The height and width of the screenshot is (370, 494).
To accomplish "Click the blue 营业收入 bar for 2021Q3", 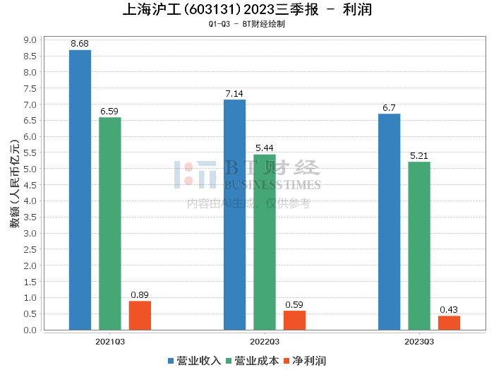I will pos(80,190).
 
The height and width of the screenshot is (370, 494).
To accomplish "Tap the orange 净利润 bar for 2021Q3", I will pos(140,316).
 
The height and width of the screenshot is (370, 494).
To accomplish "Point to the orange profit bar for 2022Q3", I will pos(294,321).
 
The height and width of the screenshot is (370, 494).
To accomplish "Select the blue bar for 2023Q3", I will pos(389,222).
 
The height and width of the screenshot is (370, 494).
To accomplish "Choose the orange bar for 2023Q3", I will pos(449,323).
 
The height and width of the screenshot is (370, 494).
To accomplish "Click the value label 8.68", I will pos(80,44).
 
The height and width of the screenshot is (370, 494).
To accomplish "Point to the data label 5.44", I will pos(265,148).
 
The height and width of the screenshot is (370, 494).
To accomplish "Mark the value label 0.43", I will pos(449,310).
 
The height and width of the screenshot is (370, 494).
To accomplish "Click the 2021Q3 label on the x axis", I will pos(110,342).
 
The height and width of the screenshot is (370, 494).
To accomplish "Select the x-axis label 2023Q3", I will pos(419,342).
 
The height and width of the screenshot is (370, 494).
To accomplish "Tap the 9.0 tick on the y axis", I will pos(30,40).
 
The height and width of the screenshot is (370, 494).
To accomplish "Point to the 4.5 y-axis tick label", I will pos(30,185).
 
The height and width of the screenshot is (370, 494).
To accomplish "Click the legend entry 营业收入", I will pos(194,361).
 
